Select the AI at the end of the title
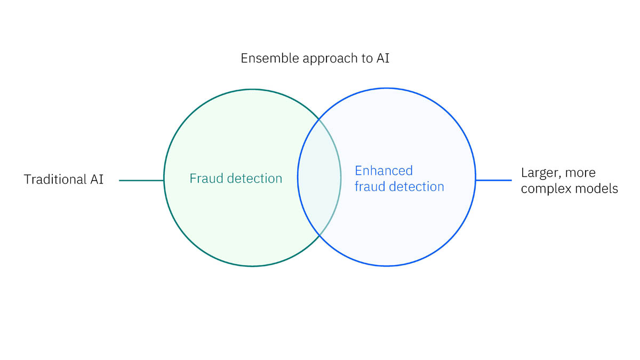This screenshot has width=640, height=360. (382, 58)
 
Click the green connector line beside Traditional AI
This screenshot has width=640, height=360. (141, 180)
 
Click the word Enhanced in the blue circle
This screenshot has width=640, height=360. (383, 171)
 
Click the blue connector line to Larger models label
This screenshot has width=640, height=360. (493, 180)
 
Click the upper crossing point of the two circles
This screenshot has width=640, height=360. (319, 119)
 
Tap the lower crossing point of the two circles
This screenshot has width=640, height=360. (319, 235)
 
